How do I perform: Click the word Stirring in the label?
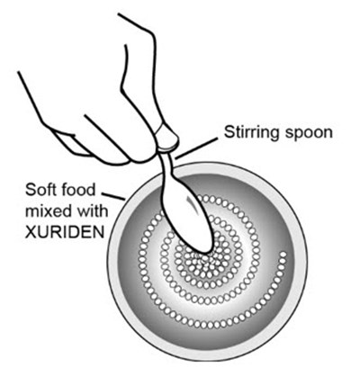tap(253, 132)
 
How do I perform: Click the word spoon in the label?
tap(309, 133)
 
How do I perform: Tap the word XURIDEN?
tap(65, 232)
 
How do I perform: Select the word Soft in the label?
tap(40, 190)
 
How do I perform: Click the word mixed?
tap(48, 211)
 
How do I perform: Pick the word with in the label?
tap(91, 211)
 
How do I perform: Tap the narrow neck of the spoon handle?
tap(168, 166)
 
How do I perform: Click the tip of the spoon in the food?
tap(205, 252)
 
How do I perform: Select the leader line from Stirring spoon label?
tap(196, 148)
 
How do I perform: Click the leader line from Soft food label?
tap(113, 196)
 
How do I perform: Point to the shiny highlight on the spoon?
tap(194, 205)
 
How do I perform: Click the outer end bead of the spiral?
tap(283, 255)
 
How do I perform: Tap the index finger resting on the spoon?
tap(141, 99)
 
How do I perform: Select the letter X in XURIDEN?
tap(31, 232)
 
